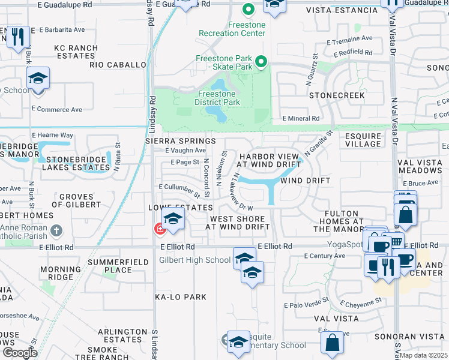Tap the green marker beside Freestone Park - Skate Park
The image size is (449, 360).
pyautogui.click(x=261, y=62)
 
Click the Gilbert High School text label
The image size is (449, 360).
pyautogui.click(x=194, y=260)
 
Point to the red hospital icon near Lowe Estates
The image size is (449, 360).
pyautogui.click(x=159, y=228)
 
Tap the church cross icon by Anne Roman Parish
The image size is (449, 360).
pyautogui.click(x=56, y=230)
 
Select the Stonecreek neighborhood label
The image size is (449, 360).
pyautogui.click(x=337, y=95)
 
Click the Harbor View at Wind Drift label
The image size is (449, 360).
pyautogui.click(x=269, y=160)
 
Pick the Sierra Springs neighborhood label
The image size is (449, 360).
pyautogui.click(x=180, y=140)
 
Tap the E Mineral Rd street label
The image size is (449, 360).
pyautogui.click(x=300, y=119)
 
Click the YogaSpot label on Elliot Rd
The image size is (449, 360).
pyautogui.click(x=344, y=244)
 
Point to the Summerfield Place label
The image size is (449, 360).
pyautogui.click(x=109, y=266)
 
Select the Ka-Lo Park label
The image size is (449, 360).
pyautogui.click(x=180, y=297)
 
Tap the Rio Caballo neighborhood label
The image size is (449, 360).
pyautogui.click(x=118, y=64)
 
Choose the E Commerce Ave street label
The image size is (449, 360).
pyautogui.click(x=56, y=109)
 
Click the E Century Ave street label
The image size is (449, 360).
pyautogui.click(x=324, y=256)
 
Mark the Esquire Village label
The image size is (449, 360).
pyautogui.click(x=363, y=140)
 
